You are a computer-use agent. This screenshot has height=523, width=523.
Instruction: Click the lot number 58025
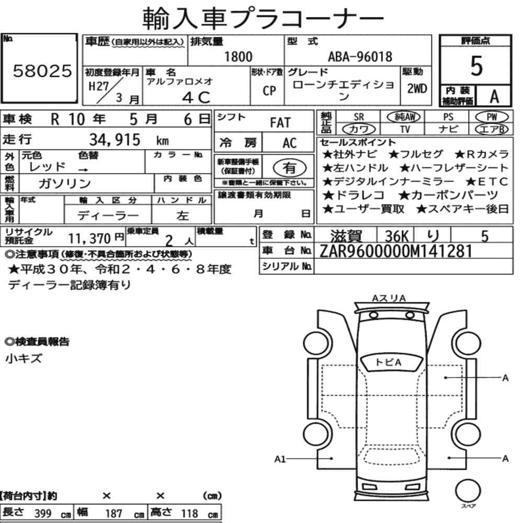42,71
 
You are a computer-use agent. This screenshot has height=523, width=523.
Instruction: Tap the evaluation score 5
476,66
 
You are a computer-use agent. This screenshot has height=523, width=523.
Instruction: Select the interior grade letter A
494,97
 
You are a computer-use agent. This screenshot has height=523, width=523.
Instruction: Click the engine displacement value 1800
238,56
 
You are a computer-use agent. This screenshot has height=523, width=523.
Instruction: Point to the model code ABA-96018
360,56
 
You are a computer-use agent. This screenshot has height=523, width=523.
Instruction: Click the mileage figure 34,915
115,140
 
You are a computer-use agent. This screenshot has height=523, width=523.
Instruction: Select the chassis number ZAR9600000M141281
396,251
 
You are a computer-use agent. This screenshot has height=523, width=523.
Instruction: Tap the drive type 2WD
417,89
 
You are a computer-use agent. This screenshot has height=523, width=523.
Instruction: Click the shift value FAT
280,123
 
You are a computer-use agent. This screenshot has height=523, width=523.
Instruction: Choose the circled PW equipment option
492,117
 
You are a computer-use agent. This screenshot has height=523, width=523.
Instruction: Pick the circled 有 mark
290,168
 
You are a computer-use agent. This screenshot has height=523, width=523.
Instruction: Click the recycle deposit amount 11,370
89,238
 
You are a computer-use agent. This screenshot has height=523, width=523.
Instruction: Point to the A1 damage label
280,459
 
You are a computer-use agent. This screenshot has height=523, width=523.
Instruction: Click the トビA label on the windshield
388,362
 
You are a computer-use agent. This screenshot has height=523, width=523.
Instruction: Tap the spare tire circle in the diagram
468,491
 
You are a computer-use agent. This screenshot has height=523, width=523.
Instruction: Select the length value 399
43,514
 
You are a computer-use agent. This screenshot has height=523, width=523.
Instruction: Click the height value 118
189,514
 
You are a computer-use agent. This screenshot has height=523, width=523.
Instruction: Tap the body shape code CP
269,90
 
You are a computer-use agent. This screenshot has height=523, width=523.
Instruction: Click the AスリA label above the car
389,298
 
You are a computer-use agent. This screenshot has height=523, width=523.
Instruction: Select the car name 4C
196,97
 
